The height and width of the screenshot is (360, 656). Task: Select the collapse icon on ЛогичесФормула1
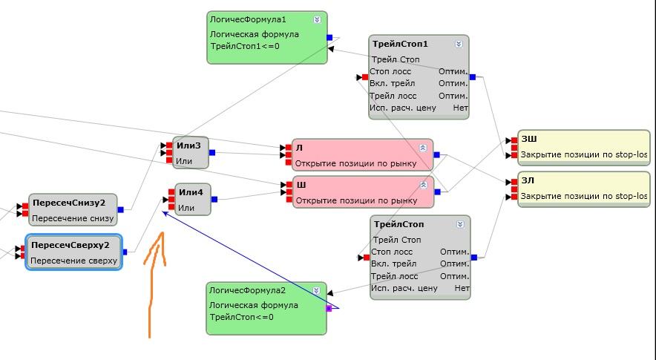(318, 20)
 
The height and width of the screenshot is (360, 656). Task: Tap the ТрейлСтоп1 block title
(400, 45)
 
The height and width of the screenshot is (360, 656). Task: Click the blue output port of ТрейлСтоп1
(473, 76)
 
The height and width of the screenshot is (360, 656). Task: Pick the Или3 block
(191, 152)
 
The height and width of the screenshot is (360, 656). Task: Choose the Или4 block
(192, 200)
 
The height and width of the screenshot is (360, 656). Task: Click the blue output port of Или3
(211, 153)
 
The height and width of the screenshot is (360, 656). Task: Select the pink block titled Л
(361, 154)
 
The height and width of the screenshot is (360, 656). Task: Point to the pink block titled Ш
(361, 192)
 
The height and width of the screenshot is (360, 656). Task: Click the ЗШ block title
(529, 139)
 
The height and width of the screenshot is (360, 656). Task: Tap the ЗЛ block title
(528, 180)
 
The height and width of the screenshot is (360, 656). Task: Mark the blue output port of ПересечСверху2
(125, 252)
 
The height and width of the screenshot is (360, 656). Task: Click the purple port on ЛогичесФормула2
(329, 307)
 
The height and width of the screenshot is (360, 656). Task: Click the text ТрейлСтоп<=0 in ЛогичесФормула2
(242, 318)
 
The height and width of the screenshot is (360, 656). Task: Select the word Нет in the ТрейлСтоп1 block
(460, 108)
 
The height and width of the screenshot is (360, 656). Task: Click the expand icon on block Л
(424, 147)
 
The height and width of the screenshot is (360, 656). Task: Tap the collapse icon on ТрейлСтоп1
(459, 45)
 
